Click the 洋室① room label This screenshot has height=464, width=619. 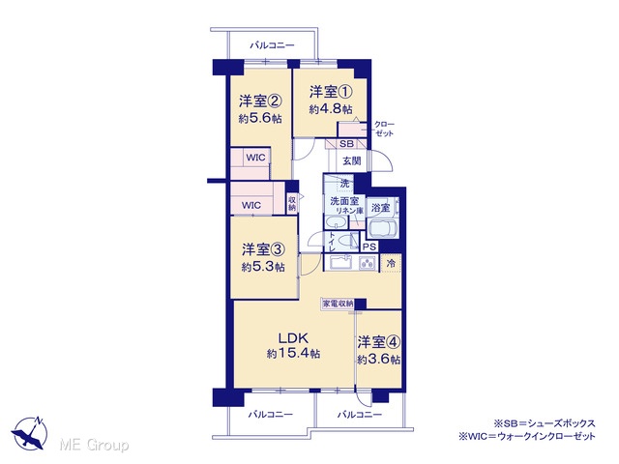[331, 92]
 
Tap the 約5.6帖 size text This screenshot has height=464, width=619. [260, 118]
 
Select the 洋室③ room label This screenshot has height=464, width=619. [263, 249]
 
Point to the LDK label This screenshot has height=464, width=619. [293, 338]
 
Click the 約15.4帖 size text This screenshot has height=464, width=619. [293, 354]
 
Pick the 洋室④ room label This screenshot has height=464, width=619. [379, 342]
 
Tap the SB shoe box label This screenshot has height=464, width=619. [346, 144]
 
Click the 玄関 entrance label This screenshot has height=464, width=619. [351, 161]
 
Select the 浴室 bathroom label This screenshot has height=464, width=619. [380, 208]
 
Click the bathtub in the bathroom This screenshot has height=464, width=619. [383, 228]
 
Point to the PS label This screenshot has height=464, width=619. [369, 247]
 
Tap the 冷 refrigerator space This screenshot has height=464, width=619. [391, 264]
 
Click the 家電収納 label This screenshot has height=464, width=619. [338, 304]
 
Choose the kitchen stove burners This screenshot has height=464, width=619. [368, 263]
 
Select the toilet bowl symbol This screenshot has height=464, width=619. [346, 240]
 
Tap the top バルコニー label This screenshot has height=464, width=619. [272, 45]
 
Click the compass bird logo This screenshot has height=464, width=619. [30, 433]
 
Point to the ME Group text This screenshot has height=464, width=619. [94, 445]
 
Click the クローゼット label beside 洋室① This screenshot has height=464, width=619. [384, 129]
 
